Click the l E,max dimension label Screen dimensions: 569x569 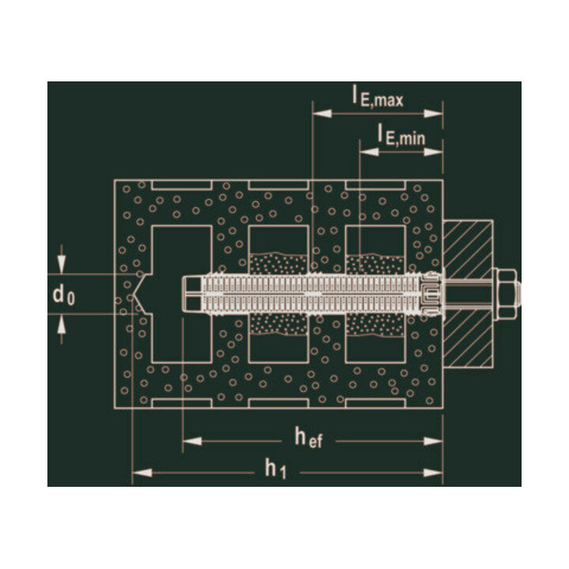378,97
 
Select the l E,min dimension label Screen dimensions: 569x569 401,134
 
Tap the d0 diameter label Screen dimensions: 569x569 64,294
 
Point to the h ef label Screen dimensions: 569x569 308,437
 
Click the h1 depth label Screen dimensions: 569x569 276,469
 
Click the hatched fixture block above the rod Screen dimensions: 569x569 468,247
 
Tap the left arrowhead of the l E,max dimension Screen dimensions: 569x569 322,114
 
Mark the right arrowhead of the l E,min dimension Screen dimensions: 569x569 433,152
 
